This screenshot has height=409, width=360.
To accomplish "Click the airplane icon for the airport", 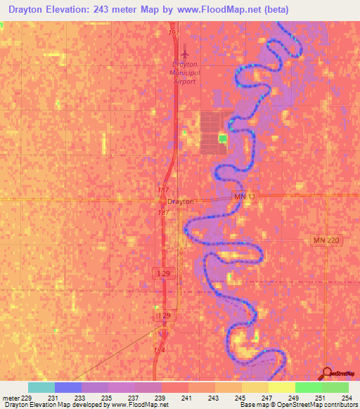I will [186, 52].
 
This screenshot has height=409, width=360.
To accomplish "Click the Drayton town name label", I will [180, 201].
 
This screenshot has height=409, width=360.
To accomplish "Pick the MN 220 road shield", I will [326, 240].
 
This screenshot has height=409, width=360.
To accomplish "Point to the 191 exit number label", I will [175, 33].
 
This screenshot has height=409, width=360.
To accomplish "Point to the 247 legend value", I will [265, 398].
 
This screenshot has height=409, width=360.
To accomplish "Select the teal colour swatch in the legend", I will [41, 387].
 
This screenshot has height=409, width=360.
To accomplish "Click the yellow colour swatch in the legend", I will [282, 387].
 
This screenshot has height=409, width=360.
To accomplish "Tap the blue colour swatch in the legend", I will [68, 387].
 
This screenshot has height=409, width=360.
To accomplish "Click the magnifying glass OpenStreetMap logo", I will [327, 373].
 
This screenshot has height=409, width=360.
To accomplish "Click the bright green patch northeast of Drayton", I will [223, 138].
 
